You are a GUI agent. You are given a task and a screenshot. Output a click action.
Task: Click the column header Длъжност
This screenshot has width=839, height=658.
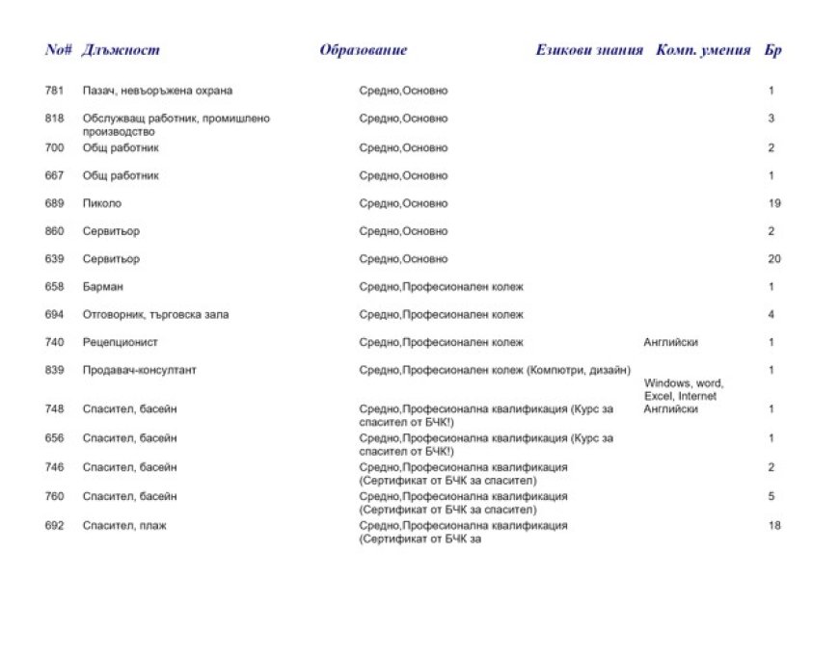point(121,50)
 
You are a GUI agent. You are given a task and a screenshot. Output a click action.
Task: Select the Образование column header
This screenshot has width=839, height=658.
point(363,50)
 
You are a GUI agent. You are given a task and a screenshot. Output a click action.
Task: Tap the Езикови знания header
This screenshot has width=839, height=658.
point(588,50)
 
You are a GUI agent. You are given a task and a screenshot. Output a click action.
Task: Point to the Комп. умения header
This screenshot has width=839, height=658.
point(702,50)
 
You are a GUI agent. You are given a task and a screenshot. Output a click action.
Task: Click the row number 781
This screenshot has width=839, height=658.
point(54,91)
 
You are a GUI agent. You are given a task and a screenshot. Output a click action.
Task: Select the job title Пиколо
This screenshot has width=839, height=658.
point(102,203)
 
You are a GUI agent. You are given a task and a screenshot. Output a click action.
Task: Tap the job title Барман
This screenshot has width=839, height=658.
point(103,287)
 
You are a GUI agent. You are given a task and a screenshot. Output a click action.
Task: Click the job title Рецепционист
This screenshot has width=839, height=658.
point(121,342)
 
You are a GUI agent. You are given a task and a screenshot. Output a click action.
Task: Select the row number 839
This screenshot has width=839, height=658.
point(54,370)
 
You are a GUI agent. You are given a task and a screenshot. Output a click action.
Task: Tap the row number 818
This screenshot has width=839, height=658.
point(54,118)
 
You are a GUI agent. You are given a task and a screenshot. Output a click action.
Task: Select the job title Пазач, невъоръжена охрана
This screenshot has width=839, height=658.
point(158,91)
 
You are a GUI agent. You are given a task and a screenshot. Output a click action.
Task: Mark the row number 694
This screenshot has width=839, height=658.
point(54,314)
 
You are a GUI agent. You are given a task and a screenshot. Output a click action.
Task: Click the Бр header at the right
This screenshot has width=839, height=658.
point(772,50)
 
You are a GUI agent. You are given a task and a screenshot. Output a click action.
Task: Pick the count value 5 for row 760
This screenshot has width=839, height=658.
point(772,496)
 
